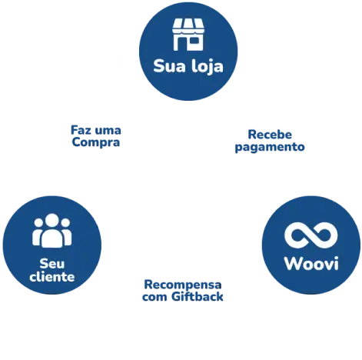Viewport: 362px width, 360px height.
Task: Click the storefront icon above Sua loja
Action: coord(188,35)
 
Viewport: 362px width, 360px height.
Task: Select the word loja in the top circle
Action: coord(208,67)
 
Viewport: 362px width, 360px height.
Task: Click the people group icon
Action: coord(52,230)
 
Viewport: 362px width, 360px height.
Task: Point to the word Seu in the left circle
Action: coord(52,264)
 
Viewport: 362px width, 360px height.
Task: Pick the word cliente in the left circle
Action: coord(52,277)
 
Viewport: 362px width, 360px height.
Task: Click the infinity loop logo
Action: coord(311,235)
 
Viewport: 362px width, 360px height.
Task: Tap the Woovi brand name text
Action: coord(311,263)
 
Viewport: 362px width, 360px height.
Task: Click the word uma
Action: coord(108,131)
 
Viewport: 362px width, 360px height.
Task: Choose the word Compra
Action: coord(96,143)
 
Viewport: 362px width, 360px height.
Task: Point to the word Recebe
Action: coord(270,135)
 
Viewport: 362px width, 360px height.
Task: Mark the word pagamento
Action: coord(270,148)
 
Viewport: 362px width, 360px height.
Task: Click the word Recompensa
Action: coord(183,285)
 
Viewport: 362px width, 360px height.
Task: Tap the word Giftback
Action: coord(198,297)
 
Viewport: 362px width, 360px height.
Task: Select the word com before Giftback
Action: coord(154,298)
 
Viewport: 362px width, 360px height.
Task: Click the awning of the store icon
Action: coord(188,26)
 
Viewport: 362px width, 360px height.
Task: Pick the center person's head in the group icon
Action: coord(52,220)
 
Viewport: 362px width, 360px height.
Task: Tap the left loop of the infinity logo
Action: coord(297,235)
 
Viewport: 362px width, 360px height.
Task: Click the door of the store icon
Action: coord(181,45)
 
